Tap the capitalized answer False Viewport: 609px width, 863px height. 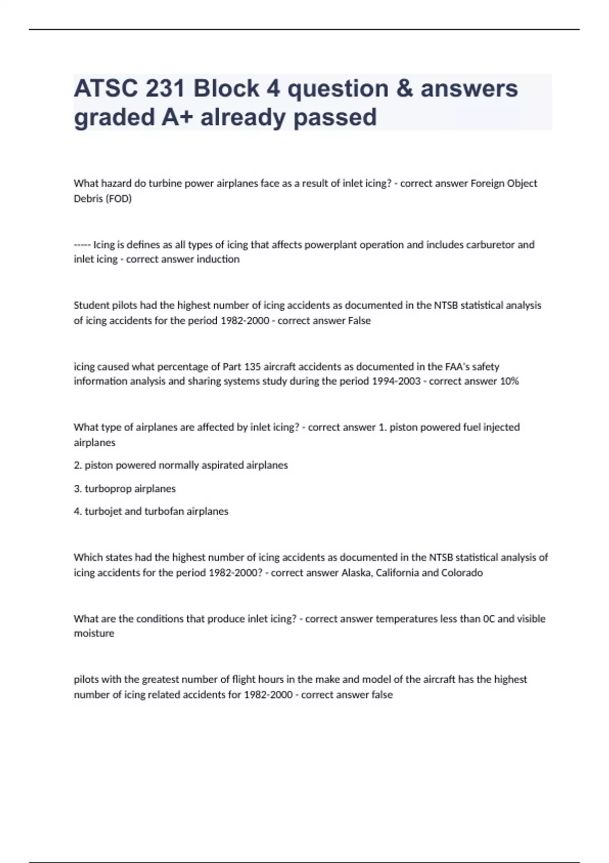[x=359, y=321]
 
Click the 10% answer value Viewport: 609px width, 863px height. [x=509, y=381]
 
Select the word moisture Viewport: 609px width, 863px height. [x=94, y=634]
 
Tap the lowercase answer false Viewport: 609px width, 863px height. [x=382, y=694]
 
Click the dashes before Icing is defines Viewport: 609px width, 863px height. [x=82, y=245]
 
